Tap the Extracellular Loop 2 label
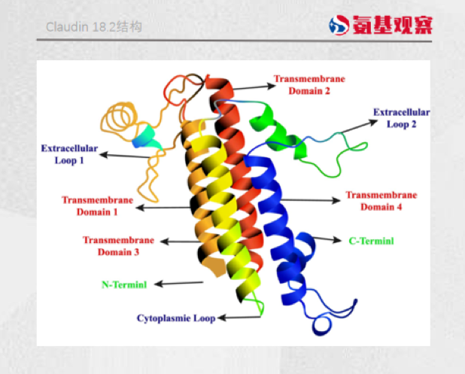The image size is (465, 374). [402, 118]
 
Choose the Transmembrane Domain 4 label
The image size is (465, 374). [381, 201]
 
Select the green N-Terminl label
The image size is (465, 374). [123, 284]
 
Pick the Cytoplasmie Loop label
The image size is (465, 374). [175, 318]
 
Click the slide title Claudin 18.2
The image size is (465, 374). [94, 27]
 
